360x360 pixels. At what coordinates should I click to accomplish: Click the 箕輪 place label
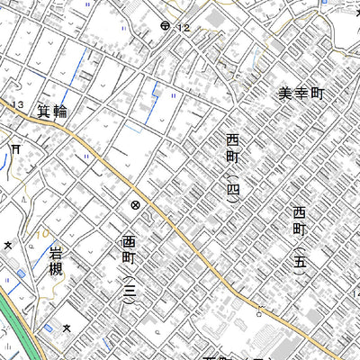pyautogui.click(x=53, y=112)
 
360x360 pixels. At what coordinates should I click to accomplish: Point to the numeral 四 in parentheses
pyautogui.click(x=232, y=190)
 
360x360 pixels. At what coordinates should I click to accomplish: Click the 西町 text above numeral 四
pyautogui.click(x=232, y=150)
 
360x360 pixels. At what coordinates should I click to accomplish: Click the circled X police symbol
pyautogui.click(x=135, y=205)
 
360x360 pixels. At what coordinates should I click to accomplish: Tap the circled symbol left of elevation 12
pyautogui.click(x=165, y=26)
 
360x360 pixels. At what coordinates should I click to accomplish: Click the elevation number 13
pyautogui.click(x=18, y=106)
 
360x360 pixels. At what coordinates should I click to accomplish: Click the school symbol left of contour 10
pyautogui.click(x=8, y=244)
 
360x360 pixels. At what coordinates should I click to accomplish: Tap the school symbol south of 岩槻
pyautogui.click(x=66, y=328)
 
